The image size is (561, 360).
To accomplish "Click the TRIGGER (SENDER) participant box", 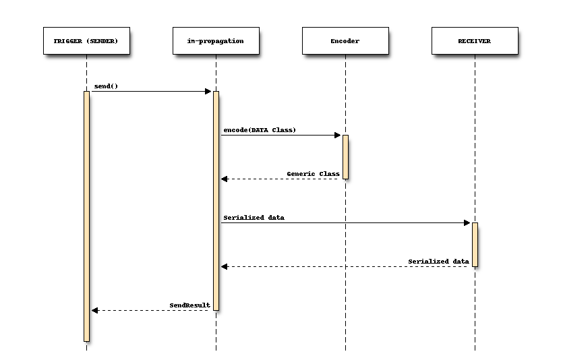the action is [x=86, y=41].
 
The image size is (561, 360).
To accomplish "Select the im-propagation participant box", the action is [x=216, y=41].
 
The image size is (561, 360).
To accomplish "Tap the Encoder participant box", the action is [x=346, y=41].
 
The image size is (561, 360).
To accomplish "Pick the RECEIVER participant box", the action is [x=475, y=41].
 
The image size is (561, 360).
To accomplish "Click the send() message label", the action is [x=106, y=86].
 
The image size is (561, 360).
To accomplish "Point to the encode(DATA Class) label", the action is [x=260, y=130].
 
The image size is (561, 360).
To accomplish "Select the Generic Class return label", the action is [x=313, y=174].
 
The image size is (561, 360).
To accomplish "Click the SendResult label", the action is [x=189, y=305].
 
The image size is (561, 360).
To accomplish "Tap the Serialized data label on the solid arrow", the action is [x=254, y=218].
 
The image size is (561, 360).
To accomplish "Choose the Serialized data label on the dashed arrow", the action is [x=439, y=262].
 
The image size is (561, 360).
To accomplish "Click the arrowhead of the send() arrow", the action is [x=208, y=91].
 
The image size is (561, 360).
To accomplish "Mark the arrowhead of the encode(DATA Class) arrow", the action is [x=337, y=136].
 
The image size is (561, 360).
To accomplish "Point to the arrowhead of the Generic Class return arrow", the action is [x=225, y=179].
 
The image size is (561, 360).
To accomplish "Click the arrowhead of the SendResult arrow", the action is [x=95, y=311].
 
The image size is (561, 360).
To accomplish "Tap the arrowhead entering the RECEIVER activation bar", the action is [x=467, y=223].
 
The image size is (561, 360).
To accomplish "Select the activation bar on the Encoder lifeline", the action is [x=346, y=157].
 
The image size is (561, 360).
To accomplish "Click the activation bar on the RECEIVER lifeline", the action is [x=475, y=245].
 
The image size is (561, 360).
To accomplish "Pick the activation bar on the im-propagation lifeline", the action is [x=216, y=201].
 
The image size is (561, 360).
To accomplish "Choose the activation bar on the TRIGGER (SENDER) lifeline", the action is [x=86, y=216].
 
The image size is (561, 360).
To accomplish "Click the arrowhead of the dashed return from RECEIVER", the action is [x=225, y=266].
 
